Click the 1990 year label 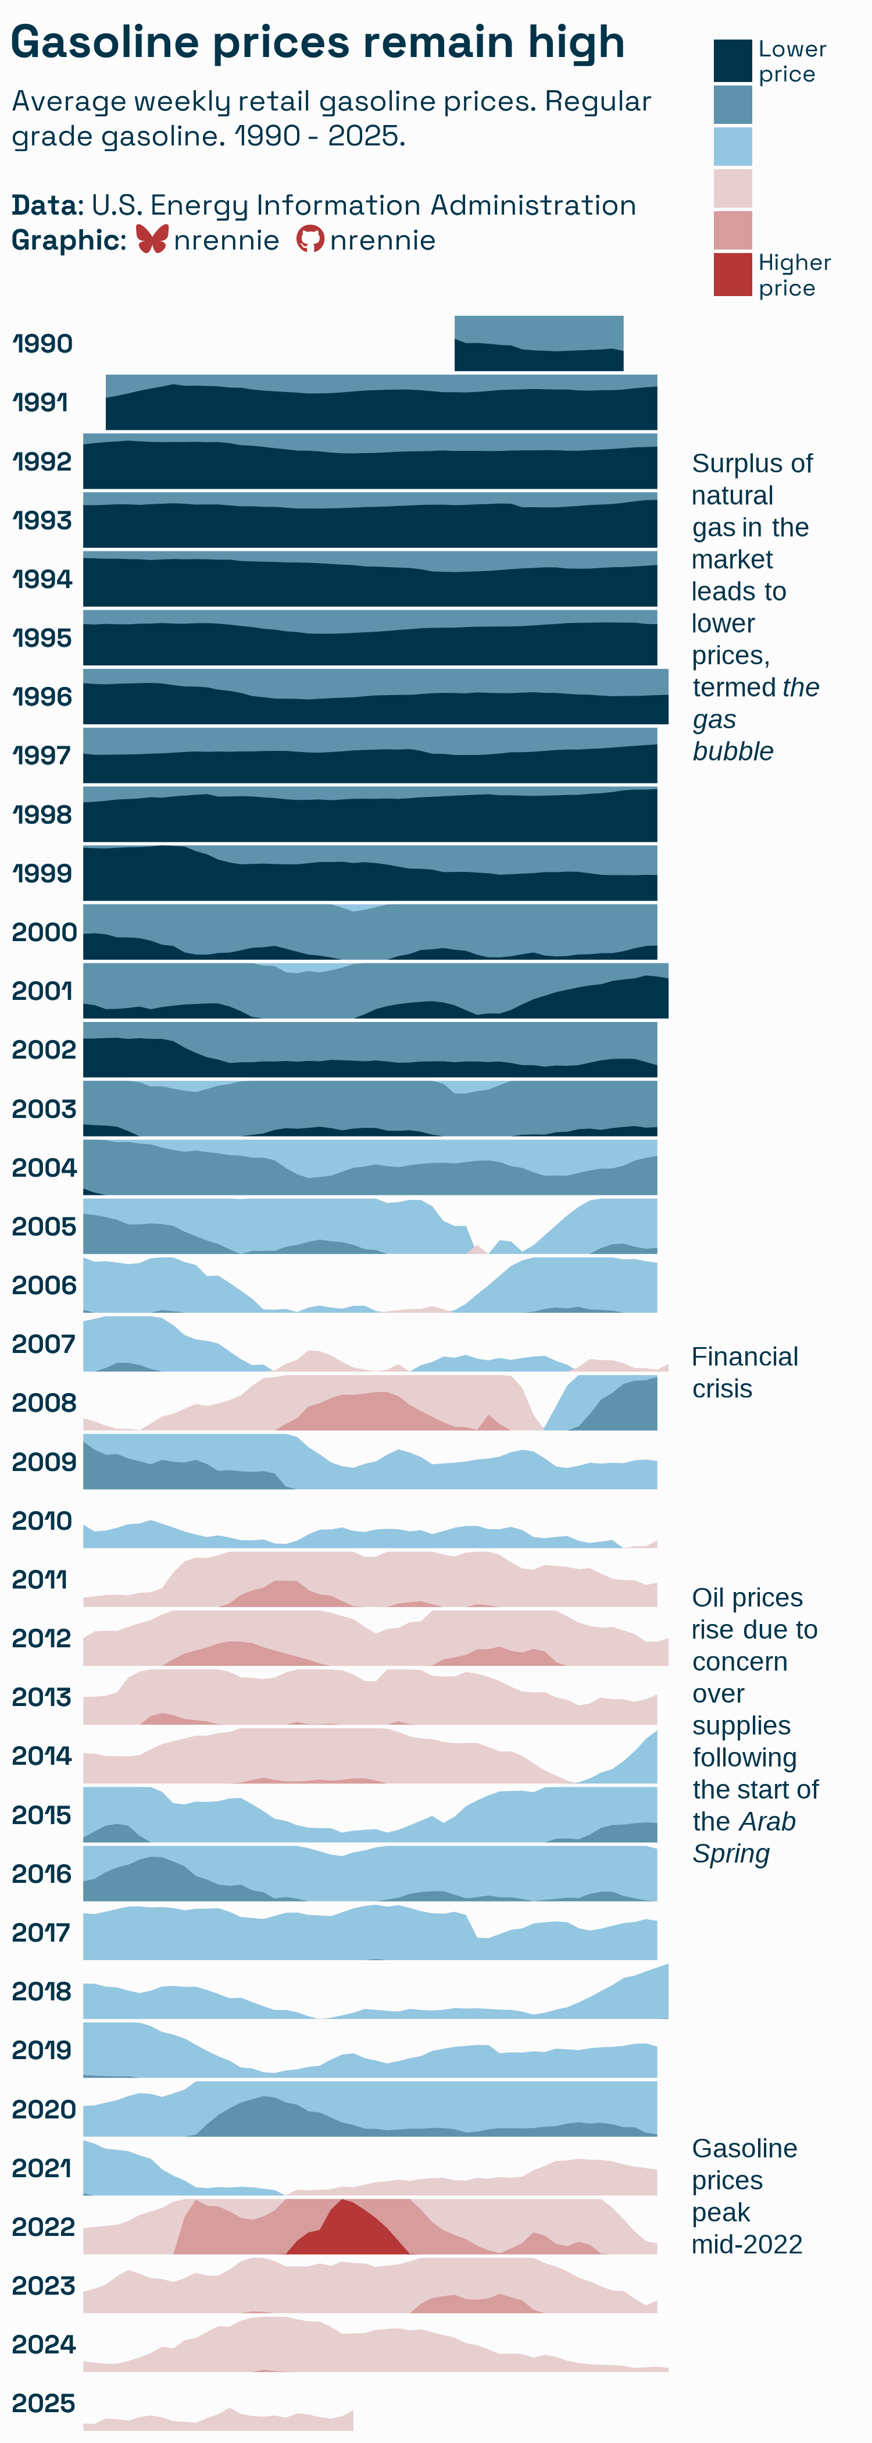tap(42, 343)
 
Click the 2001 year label tap(42, 991)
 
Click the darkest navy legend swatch tap(732, 60)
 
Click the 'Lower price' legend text tap(791, 62)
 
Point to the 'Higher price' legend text tap(794, 275)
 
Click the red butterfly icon tap(152, 239)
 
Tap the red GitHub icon tap(310, 239)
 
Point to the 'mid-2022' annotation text tap(747, 2245)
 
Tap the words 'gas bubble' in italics tap(732, 735)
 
